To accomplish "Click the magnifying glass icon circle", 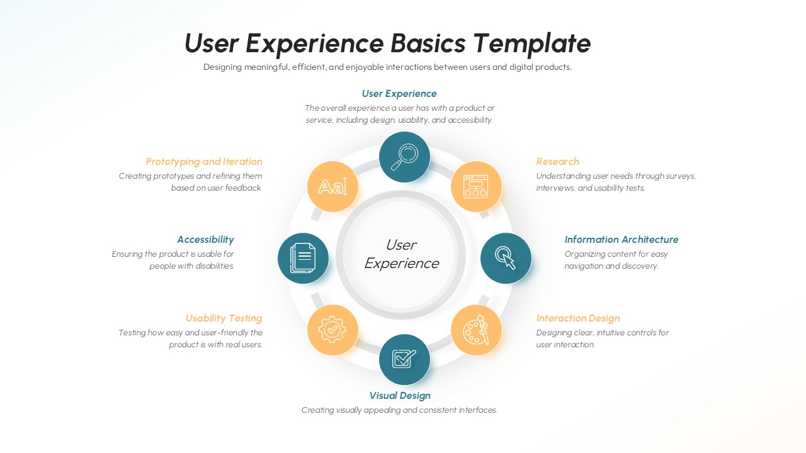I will click(404, 157).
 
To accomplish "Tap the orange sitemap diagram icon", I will click(476, 187).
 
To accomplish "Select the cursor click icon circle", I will click(506, 258).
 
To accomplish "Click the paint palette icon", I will click(476, 330).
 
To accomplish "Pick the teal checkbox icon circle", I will click(404, 359).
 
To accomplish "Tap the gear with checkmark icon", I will click(332, 330).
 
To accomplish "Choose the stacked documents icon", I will click(303, 258).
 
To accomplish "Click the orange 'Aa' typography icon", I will click(332, 187).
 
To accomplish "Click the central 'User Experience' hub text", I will click(401, 254).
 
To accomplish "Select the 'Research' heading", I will click(557, 162).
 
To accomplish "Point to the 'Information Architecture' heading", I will click(621, 240).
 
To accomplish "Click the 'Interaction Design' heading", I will click(577, 318).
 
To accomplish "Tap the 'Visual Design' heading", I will click(400, 396).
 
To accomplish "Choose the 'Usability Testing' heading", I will click(224, 318).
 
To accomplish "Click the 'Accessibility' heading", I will click(205, 240).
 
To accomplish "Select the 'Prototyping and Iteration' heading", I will click(204, 162).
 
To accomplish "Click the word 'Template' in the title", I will click(531, 43).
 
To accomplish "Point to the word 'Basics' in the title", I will click(428, 43).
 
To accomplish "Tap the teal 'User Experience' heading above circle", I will click(399, 94).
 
